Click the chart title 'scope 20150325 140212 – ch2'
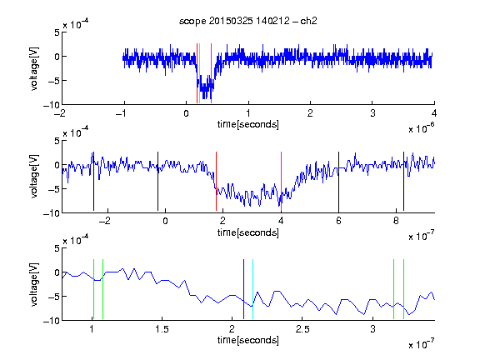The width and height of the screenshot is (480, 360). click(248, 21)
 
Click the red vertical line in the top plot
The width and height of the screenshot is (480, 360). click(197, 73)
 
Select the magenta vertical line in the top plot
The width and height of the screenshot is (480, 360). click(211, 73)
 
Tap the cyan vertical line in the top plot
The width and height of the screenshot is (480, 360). click(200, 73)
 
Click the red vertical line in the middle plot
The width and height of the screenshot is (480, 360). click(216, 181)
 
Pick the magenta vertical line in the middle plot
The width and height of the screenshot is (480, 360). click(282, 181)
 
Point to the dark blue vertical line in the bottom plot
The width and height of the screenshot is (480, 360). click(243, 289)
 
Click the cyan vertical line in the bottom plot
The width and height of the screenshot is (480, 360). click(252, 289)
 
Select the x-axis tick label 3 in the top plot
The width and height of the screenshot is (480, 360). click(372, 113)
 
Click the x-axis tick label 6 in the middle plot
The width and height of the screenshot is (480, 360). click(338, 221)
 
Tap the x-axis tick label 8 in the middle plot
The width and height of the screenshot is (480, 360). click(396, 221)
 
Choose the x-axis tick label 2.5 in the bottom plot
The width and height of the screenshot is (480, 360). click(302, 329)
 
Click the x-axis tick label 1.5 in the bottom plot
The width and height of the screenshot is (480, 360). click(162, 329)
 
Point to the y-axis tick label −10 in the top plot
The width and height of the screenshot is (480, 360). click(52, 105)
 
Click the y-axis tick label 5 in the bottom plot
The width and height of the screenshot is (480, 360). click(57, 248)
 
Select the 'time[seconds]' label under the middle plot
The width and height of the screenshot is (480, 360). click(248, 232)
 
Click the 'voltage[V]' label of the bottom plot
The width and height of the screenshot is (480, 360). click(35, 284)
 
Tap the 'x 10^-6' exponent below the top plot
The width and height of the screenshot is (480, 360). click(422, 128)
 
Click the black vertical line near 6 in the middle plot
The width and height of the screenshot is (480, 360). click(338, 181)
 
